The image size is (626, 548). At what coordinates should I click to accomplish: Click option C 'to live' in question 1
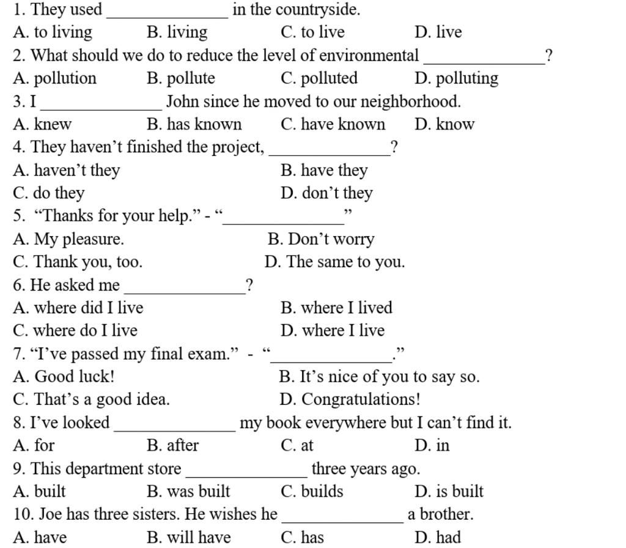coord(312,32)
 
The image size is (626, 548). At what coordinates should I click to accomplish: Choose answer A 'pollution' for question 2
coord(54,78)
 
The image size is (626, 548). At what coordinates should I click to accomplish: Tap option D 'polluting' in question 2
coord(456,78)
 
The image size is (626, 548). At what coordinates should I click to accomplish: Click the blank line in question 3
coord(101,109)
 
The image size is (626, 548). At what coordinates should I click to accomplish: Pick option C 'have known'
coord(333,124)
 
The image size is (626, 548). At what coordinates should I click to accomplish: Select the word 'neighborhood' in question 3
coord(410,102)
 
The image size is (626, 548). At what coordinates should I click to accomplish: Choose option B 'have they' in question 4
coord(324,171)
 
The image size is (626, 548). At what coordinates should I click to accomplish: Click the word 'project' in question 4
coord(238,147)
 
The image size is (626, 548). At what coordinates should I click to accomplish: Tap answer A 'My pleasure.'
coord(68,239)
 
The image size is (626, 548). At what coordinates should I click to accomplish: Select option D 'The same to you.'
coord(334,262)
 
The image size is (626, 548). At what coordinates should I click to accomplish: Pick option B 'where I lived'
coord(336,308)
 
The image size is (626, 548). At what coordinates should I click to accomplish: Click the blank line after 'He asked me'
coord(185,293)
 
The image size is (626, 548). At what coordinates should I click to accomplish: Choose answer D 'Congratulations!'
coord(350,399)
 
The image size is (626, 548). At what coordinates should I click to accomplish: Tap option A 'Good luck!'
coord(64,376)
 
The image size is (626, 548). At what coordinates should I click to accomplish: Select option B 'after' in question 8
coord(172,445)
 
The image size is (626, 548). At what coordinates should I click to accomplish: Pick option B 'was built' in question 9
coord(188,491)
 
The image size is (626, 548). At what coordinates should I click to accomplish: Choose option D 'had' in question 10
coord(438,537)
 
